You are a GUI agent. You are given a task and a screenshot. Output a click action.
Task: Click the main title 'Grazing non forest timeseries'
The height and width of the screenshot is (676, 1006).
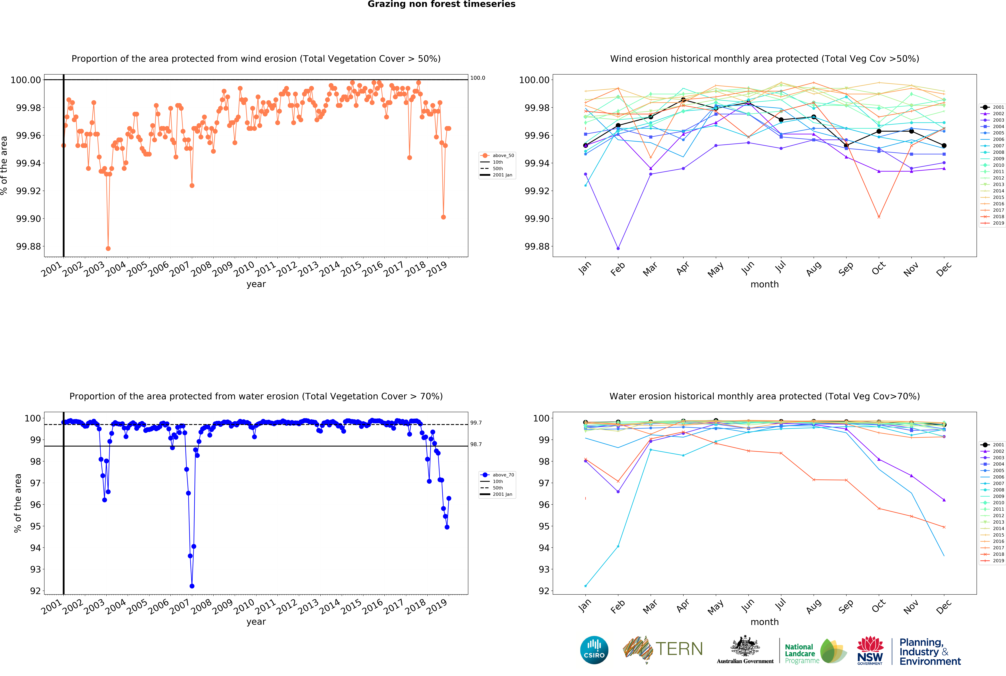click(x=441, y=4)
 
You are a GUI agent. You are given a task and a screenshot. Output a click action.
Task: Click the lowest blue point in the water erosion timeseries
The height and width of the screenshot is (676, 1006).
click(x=192, y=586)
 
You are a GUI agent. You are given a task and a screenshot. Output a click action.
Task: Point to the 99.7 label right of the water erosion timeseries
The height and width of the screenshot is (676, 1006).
click(x=476, y=423)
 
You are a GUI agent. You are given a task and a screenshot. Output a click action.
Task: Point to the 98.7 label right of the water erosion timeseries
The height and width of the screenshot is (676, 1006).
click(x=476, y=445)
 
